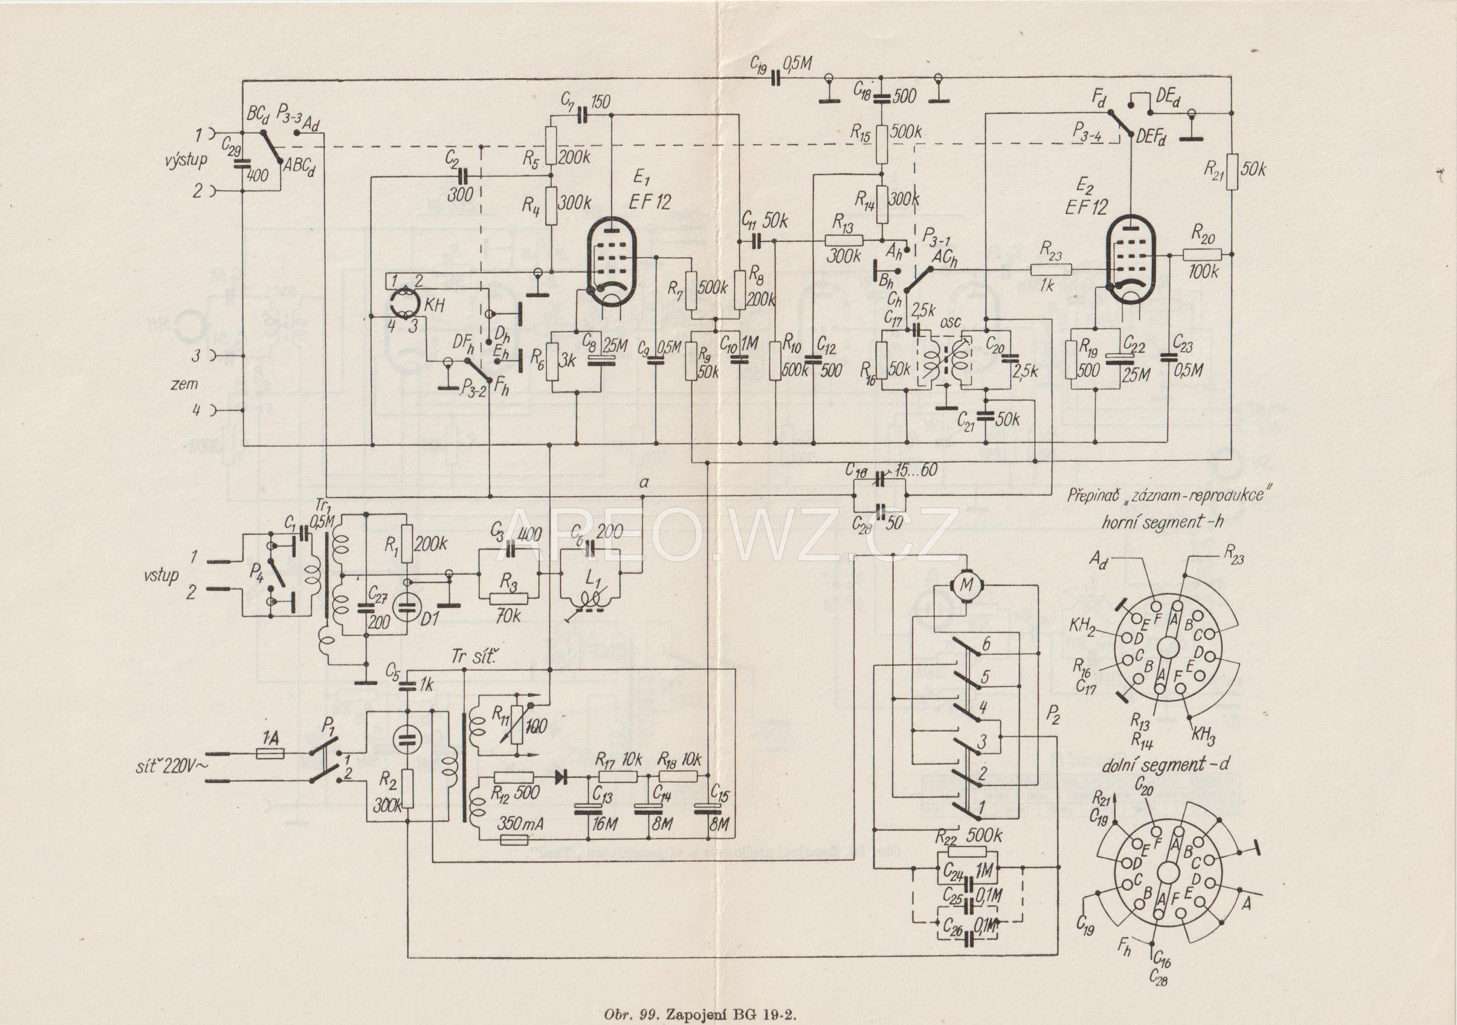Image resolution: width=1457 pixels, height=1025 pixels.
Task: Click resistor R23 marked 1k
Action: (x=1050, y=269)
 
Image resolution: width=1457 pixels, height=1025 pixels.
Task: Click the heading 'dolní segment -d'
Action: (x=1164, y=765)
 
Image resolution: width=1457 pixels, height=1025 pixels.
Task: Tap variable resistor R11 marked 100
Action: (x=517, y=725)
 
